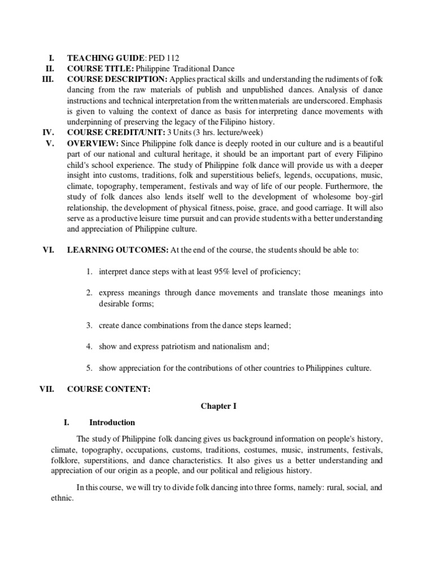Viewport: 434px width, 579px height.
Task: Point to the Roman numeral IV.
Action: point(48,132)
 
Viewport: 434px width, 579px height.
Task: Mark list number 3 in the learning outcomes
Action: point(89,325)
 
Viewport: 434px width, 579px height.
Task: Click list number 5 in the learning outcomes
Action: point(89,368)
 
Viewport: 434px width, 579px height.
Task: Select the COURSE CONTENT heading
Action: point(108,390)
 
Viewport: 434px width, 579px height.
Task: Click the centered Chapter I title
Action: point(217,406)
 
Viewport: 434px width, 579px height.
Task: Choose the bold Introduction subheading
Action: point(112,422)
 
